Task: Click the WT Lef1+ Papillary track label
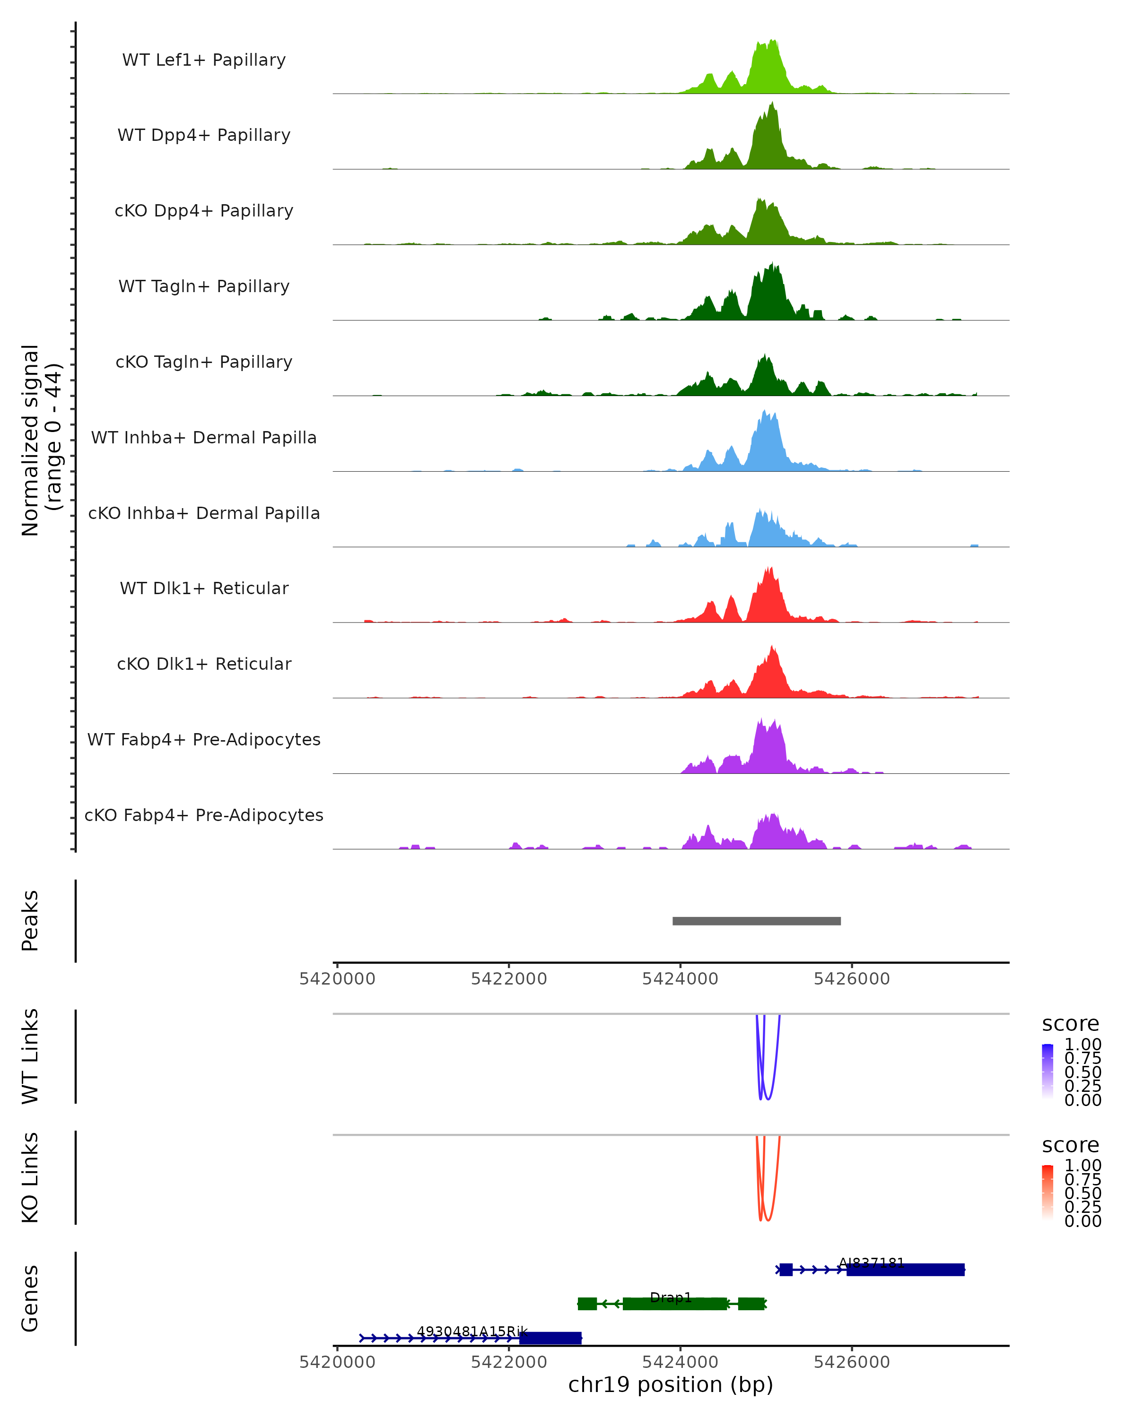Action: [x=204, y=60]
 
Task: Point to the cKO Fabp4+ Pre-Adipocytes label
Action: [x=204, y=815]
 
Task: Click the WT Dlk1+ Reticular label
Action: [x=204, y=588]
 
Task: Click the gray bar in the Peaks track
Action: [x=756, y=921]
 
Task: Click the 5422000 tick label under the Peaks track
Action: [x=508, y=979]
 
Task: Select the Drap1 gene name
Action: [x=671, y=1297]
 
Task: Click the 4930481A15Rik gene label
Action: [x=472, y=1332]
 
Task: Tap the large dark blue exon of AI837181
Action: [x=905, y=1270]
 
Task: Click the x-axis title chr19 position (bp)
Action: [x=671, y=1385]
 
